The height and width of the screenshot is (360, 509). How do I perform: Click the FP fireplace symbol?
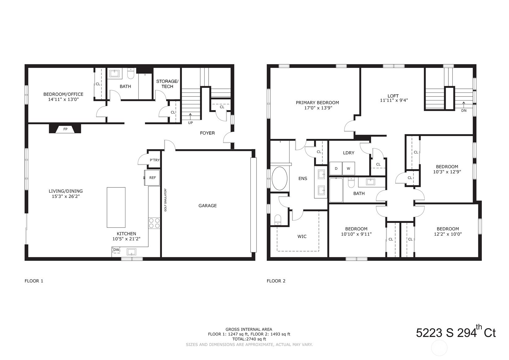tap(65, 129)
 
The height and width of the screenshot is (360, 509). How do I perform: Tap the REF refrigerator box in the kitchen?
tap(152, 178)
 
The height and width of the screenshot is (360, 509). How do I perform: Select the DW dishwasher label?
tap(116, 250)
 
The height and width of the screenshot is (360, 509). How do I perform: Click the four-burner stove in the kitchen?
tap(154, 223)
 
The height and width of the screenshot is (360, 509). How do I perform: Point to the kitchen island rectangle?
tap(116, 207)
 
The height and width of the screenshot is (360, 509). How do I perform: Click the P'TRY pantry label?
tap(155, 160)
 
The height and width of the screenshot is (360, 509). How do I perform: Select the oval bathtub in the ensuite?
tap(279, 178)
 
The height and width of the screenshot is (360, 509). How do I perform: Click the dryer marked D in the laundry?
tap(336, 169)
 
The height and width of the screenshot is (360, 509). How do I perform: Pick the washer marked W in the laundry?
tap(349, 169)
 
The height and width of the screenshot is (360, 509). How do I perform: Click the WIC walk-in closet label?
tap(302, 237)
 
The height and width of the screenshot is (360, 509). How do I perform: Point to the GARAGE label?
tap(207, 206)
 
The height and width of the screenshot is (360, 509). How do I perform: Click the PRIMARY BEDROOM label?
tap(317, 103)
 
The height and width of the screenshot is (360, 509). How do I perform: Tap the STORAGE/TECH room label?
tap(167, 84)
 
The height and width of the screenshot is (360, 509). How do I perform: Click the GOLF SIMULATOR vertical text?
tap(165, 199)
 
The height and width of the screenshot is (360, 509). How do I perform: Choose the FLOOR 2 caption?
tap(276, 281)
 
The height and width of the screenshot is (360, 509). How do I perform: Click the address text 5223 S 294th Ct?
tap(456, 333)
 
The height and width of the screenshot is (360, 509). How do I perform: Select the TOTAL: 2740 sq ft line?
tap(249, 339)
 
